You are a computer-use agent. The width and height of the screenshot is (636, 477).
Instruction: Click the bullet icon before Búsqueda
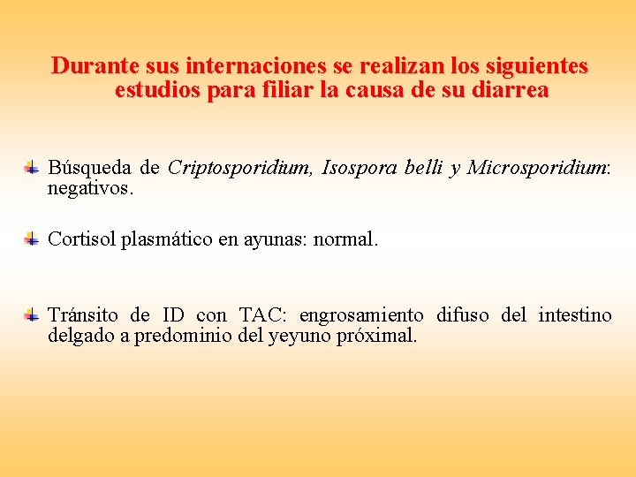click(31, 167)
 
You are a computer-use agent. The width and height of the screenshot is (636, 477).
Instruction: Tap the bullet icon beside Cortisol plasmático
click(31, 238)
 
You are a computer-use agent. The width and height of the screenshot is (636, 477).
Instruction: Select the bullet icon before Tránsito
click(31, 314)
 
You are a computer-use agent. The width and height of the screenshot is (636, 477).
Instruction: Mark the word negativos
click(91, 188)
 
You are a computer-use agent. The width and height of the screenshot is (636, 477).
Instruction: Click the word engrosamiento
click(361, 315)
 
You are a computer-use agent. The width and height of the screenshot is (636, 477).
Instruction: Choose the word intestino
click(575, 315)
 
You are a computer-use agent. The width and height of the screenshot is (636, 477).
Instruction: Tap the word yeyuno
click(299, 337)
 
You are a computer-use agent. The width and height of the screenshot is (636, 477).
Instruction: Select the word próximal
click(377, 337)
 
